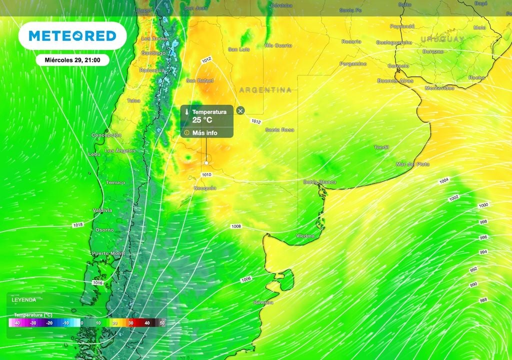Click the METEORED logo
point(72,35)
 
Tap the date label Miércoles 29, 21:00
point(73,60)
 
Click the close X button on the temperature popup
point(240,110)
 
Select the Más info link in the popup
point(204,133)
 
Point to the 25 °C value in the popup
point(202,120)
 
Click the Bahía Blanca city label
point(319,182)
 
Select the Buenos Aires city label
point(395,80)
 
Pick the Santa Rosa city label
point(279,130)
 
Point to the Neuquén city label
point(205,188)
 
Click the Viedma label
point(305,235)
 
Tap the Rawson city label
point(263,302)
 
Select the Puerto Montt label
point(108,254)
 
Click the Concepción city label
point(106,135)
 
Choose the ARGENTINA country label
point(265,90)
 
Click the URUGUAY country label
point(442,39)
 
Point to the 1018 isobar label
point(78,225)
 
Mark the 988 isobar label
point(483,300)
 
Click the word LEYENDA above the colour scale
point(23,300)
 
